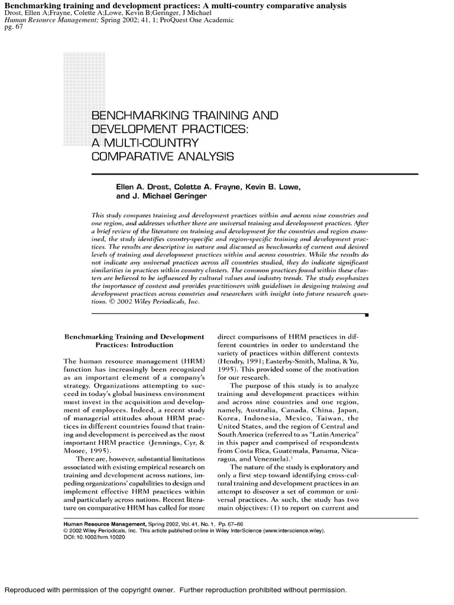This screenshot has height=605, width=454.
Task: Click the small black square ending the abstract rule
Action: tap(367, 315)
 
